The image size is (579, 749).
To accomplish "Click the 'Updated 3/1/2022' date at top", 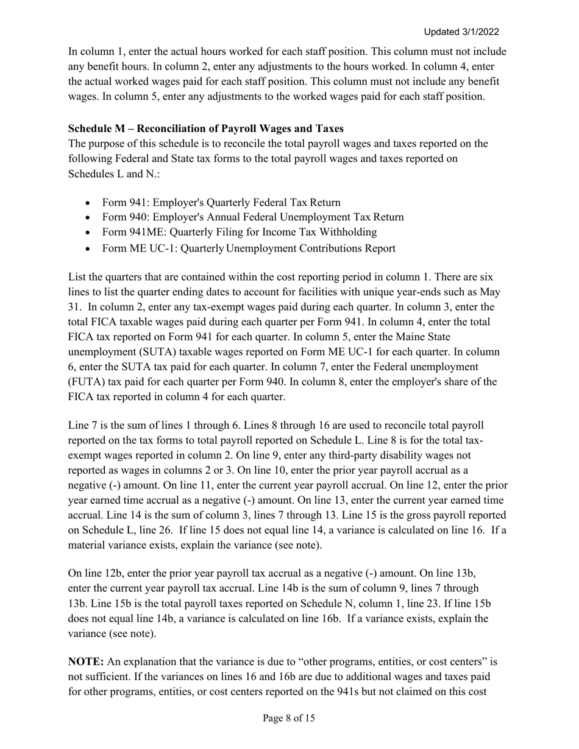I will pos(461,32).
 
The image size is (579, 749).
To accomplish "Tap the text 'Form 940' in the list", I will pos(123,217).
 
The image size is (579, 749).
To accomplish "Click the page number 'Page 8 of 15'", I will pos(289,719).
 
